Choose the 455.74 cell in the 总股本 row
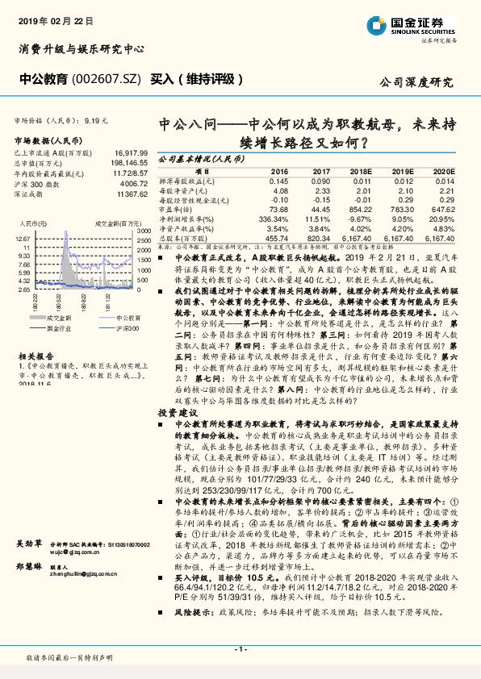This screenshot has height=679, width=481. pos(275,239)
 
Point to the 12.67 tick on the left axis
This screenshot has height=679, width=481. pos(22,240)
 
